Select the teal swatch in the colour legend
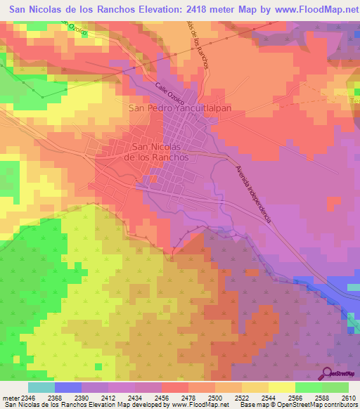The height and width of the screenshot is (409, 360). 41,387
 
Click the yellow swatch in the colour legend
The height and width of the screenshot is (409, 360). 281,387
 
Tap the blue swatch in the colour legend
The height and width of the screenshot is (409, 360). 67,387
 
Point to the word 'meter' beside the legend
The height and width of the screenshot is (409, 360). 8,398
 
